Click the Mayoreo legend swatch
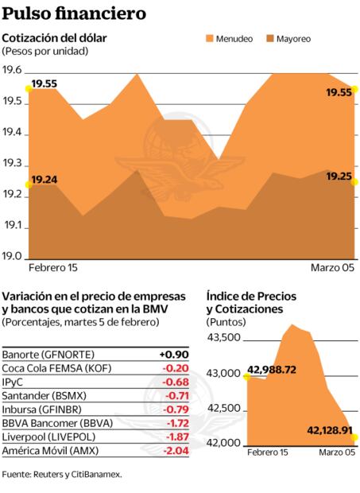tap(282, 38)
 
